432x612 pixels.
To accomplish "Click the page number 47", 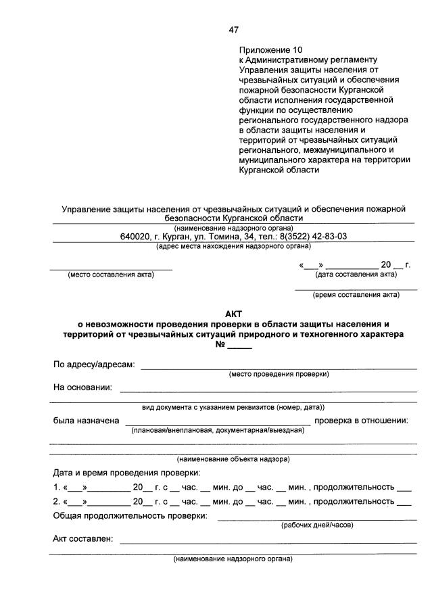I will [234, 30].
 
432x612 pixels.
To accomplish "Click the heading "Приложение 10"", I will [271, 49].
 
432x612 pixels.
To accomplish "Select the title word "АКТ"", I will [233, 313].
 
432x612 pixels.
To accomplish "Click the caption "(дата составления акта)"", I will [356, 275].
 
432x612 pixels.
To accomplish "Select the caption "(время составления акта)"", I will [356, 295].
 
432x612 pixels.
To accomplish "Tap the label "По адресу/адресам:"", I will [94, 364].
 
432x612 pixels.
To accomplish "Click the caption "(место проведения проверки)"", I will [279, 374].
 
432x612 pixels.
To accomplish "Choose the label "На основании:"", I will [82, 387].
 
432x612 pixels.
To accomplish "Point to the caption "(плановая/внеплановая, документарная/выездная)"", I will [214, 429].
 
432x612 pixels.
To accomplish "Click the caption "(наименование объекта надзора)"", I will [233, 459].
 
